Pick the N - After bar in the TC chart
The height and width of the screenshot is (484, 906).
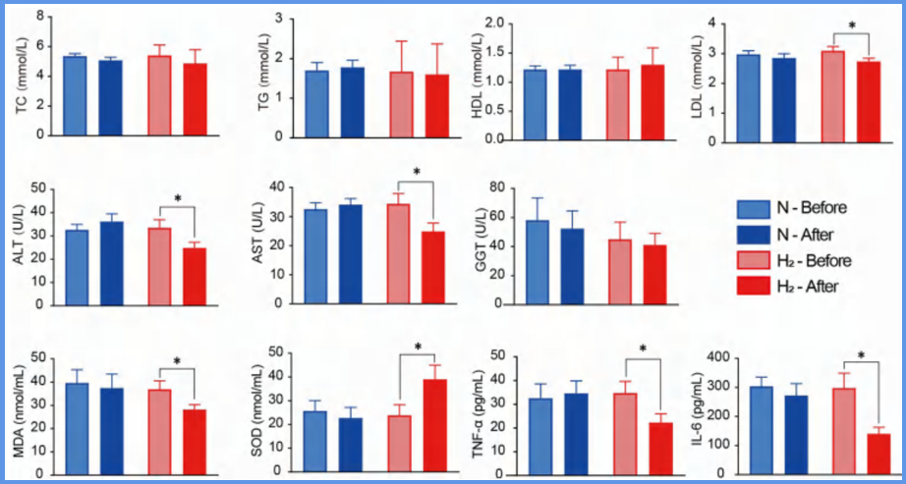(110, 100)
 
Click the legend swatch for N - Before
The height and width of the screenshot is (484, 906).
(752, 208)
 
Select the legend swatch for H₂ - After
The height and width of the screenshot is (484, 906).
(752, 285)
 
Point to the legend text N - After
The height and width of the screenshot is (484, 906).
(807, 234)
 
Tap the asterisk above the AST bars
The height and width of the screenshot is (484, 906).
(417, 175)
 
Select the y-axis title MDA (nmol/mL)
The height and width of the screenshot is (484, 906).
(17, 414)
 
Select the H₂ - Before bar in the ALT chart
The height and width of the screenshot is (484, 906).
(159, 266)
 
